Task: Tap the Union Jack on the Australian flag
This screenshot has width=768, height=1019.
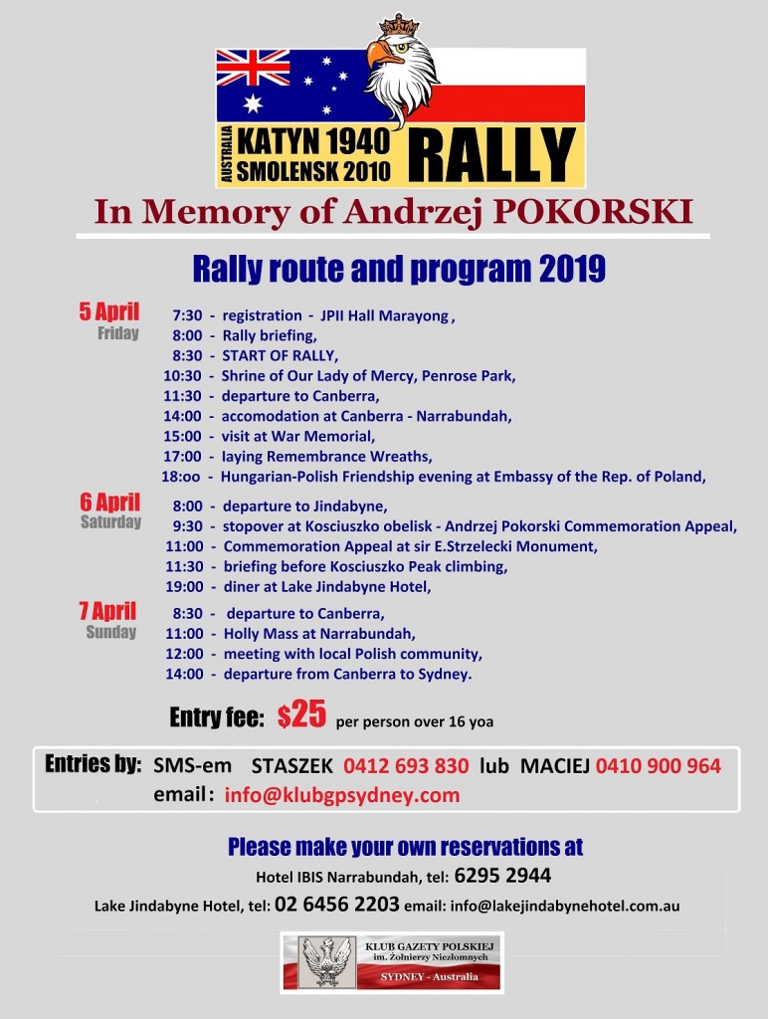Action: tap(253, 68)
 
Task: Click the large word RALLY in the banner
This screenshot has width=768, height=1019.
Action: tap(491, 154)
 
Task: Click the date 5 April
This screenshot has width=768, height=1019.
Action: tap(109, 310)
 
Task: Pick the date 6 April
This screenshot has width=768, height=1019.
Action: tap(109, 501)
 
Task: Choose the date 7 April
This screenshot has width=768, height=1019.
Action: tap(108, 611)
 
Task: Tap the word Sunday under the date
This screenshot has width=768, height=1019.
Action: tap(110, 632)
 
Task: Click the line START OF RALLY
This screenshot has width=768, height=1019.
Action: tap(280, 355)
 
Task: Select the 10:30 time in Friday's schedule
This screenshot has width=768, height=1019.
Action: tap(182, 376)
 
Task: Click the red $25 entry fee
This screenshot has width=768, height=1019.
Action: tap(301, 715)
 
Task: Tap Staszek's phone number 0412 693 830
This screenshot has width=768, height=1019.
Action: tap(406, 766)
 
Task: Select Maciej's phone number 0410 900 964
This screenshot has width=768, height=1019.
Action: tap(659, 766)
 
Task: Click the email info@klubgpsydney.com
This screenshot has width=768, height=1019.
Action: tap(342, 795)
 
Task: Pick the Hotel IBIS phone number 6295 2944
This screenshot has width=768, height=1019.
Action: tap(502, 877)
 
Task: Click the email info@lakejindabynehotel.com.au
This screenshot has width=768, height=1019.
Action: tap(565, 907)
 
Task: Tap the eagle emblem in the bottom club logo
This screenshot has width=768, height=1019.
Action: tap(327, 961)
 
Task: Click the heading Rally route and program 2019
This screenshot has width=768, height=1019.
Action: tap(399, 269)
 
